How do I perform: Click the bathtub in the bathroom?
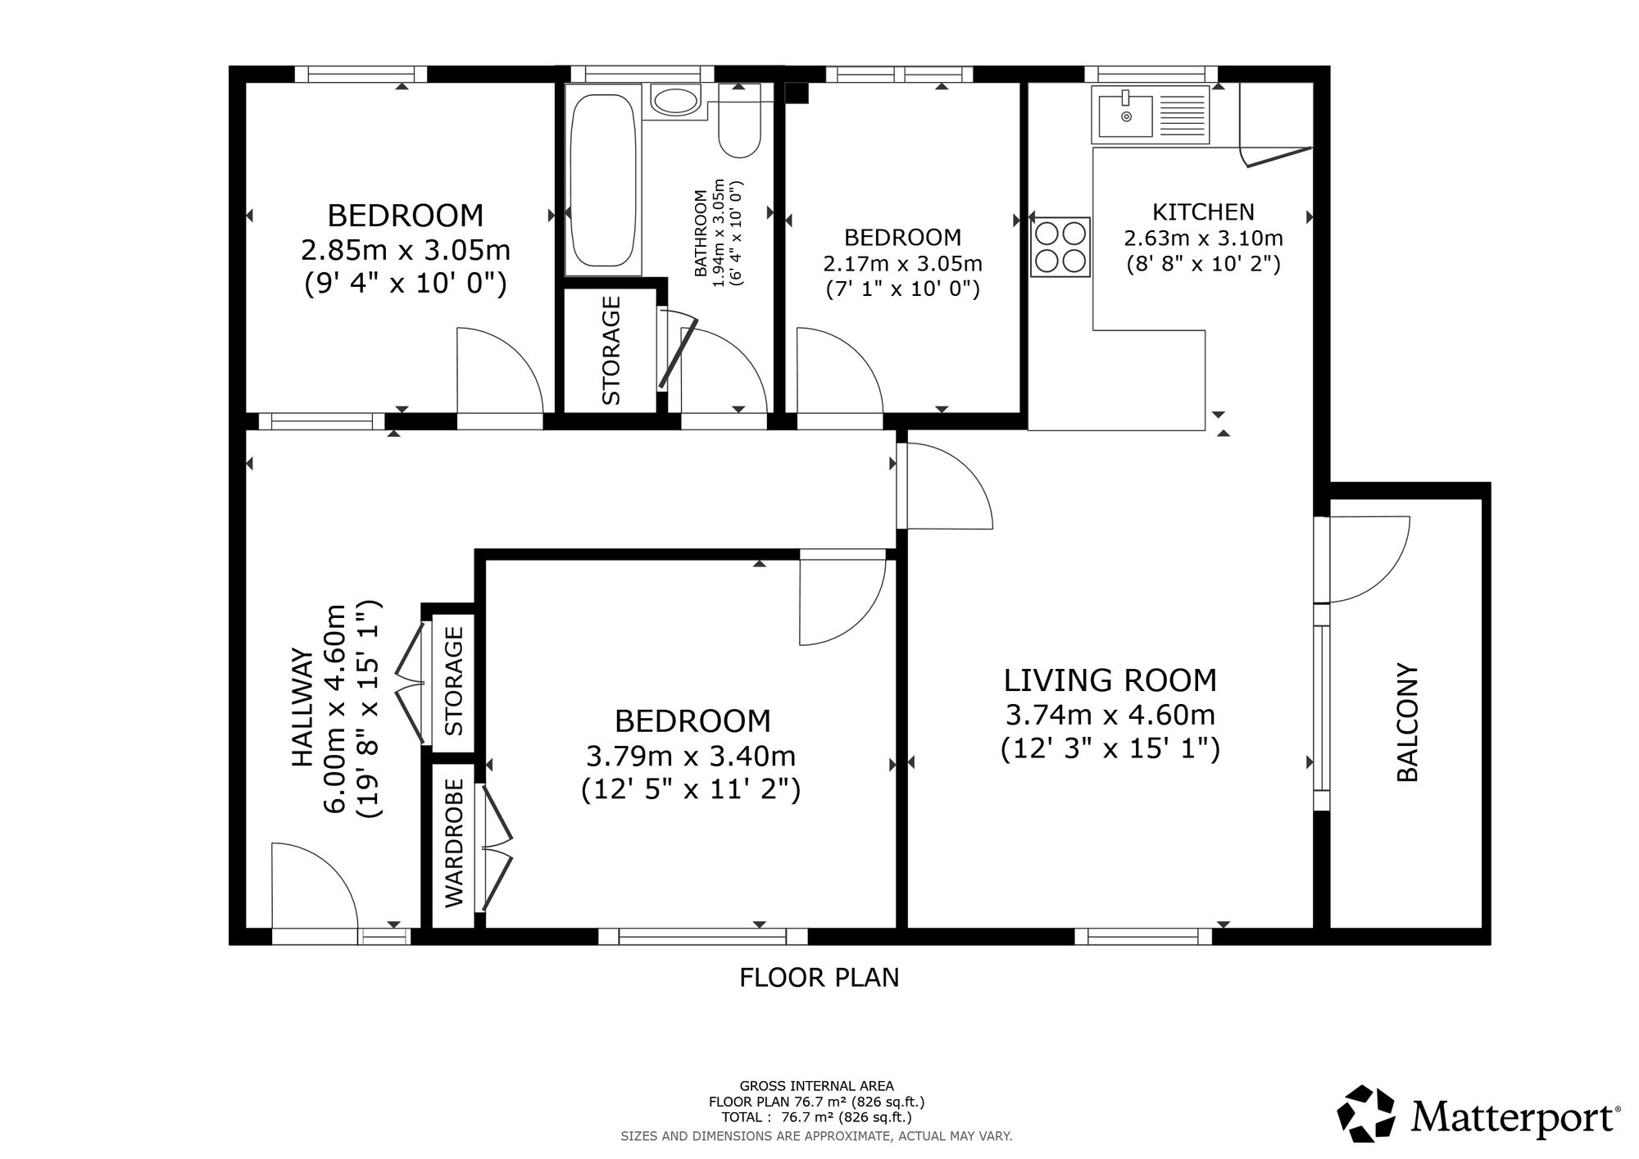point(602,184)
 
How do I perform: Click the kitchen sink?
point(1151,115)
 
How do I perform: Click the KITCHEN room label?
point(1203,212)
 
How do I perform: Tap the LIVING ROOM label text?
point(1110,680)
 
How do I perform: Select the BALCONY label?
point(1407,722)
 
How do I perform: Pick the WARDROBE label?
point(455,843)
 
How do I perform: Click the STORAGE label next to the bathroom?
point(611,350)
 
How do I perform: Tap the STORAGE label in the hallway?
point(454,681)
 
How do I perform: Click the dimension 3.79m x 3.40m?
point(691,756)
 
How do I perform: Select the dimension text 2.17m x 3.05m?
point(902,264)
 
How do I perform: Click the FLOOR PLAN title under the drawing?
point(819,978)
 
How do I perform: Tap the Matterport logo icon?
point(1368,1113)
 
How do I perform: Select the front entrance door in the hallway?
point(314,886)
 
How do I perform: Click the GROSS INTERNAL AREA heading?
point(817,1086)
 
